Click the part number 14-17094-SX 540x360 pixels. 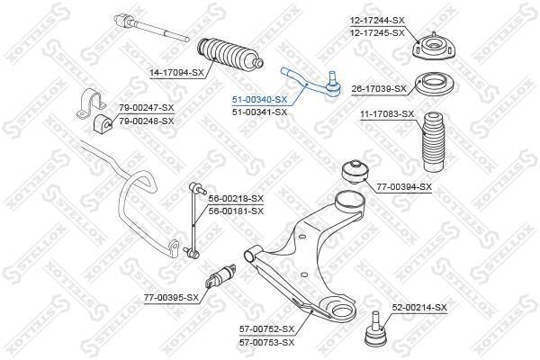pyautogui.click(x=176, y=73)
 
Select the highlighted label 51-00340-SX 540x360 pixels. pyautogui.click(x=260, y=100)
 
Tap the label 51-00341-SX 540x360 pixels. pyautogui.click(x=260, y=112)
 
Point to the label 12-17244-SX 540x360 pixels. pyautogui.click(x=377, y=21)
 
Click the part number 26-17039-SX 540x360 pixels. pyautogui.click(x=379, y=89)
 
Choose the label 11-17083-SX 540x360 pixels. pyautogui.click(x=387, y=114)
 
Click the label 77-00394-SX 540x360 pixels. pyautogui.click(x=404, y=187)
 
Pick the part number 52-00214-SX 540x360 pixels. pyautogui.click(x=419, y=307)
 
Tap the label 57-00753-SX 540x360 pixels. pyautogui.click(x=267, y=342)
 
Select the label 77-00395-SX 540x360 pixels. pyautogui.click(x=172, y=297)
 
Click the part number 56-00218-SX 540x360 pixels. pyautogui.click(x=236, y=199)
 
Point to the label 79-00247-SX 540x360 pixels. pyautogui.click(x=147, y=108)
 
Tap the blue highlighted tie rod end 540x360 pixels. pyautogui.click(x=311, y=83)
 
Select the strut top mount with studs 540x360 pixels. pyautogui.click(x=434, y=48)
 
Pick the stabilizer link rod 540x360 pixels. pyautogui.click(x=193, y=220)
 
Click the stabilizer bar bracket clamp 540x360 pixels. pyautogui.click(x=91, y=103)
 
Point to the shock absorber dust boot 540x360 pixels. pyautogui.click(x=433, y=142)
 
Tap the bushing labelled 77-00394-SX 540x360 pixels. pyautogui.click(x=355, y=171)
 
